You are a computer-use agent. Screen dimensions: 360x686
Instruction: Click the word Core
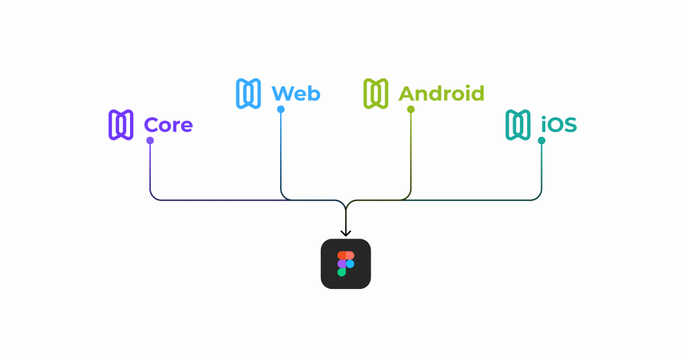pyautogui.click(x=168, y=125)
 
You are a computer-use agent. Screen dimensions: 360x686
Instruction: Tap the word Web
pyautogui.click(x=295, y=93)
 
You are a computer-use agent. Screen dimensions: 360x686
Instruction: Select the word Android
pyautogui.click(x=441, y=93)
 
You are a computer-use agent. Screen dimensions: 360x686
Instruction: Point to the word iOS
pyautogui.click(x=559, y=125)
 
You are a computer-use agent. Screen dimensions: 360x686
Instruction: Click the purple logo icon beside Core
pyautogui.click(x=121, y=125)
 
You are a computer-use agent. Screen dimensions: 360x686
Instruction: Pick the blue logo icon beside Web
pyautogui.click(x=249, y=93)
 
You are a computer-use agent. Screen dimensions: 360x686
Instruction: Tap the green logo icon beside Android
pyautogui.click(x=376, y=93)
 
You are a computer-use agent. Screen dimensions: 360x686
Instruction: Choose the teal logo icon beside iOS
pyautogui.click(x=518, y=125)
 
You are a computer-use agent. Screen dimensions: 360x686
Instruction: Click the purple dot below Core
pyautogui.click(x=150, y=141)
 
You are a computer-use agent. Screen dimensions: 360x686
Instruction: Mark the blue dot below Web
pyautogui.click(x=281, y=109)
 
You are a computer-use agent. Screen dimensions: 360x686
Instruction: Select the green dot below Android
pyautogui.click(x=411, y=109)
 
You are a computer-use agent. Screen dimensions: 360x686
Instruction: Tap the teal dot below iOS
pyautogui.click(x=541, y=141)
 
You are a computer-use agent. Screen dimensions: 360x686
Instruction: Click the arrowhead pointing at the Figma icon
pyautogui.click(x=346, y=233)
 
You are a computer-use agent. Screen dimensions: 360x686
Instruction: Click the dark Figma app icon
pyautogui.click(x=346, y=263)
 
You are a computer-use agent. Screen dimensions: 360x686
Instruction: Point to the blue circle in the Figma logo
pyautogui.click(x=350, y=264)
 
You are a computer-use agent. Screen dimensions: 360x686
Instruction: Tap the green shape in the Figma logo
pyautogui.click(x=342, y=272)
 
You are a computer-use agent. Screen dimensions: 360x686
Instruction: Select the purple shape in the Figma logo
pyautogui.click(x=342, y=264)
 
